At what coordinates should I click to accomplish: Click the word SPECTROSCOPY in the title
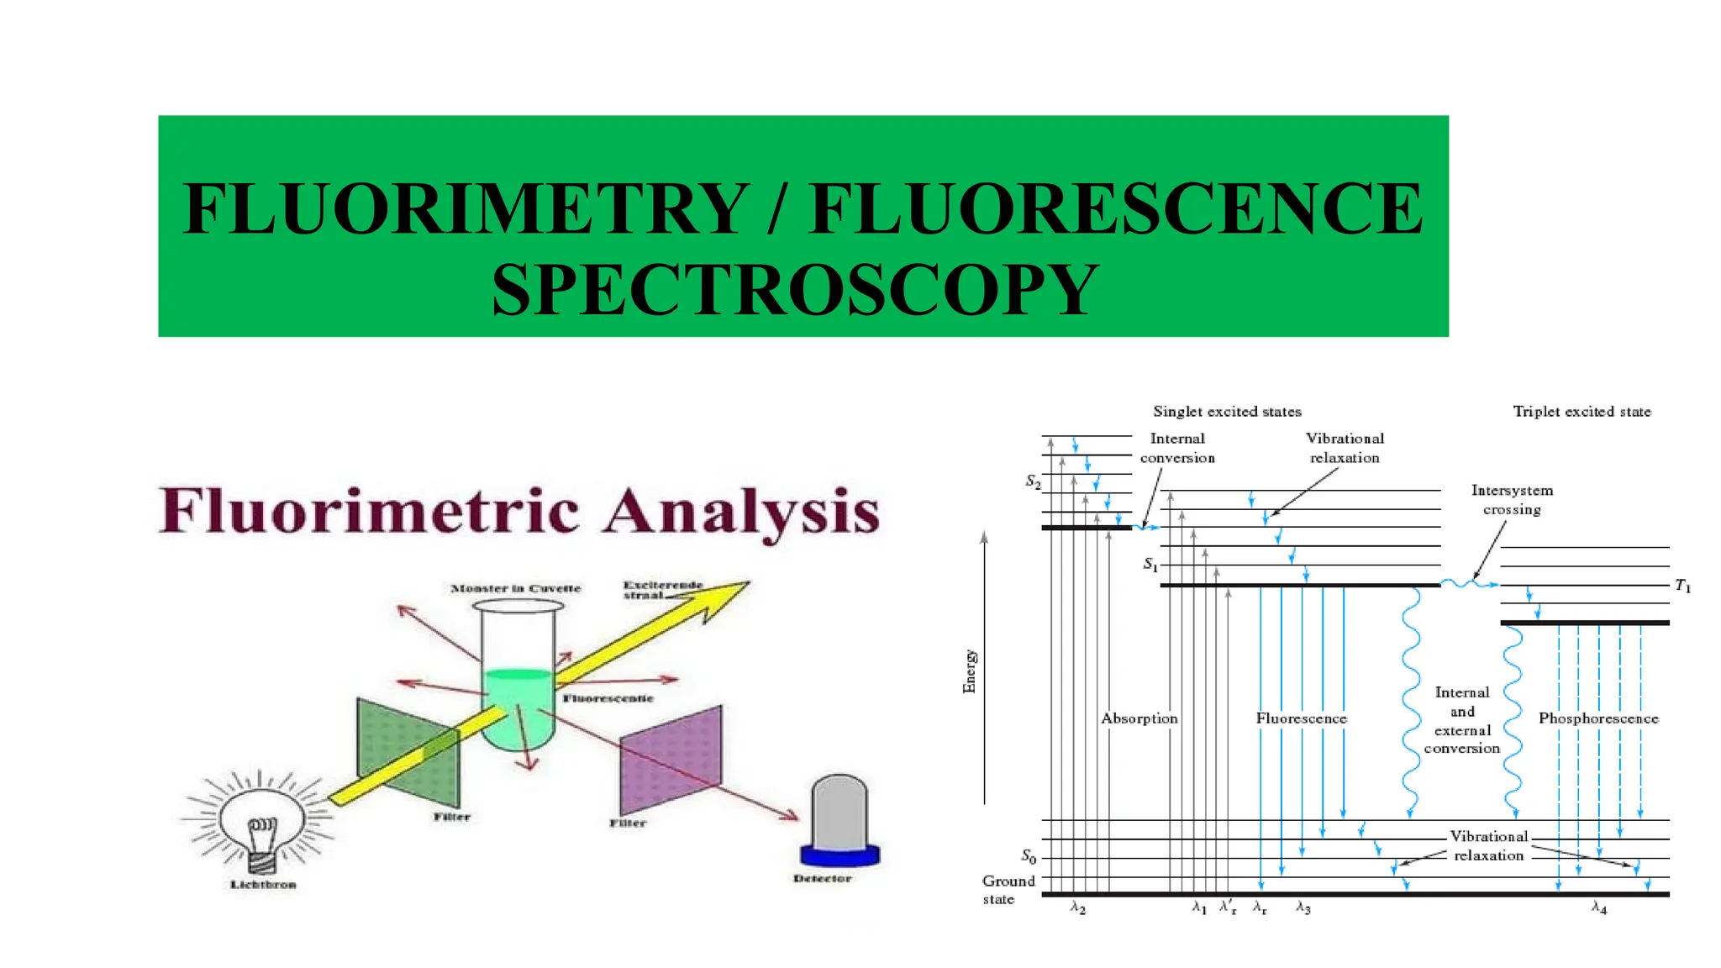coord(794,290)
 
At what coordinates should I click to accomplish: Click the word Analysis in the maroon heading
coord(741,512)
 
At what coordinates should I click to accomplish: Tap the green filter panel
coord(408,752)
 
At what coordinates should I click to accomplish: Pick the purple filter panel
coord(671,760)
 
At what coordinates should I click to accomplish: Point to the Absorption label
coord(1139,718)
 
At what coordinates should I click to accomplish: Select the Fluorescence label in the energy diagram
coord(1301,718)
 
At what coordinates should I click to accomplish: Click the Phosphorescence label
coord(1598,718)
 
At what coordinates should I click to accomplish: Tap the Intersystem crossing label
coord(1512,500)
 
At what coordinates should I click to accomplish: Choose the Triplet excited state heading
coord(1582,412)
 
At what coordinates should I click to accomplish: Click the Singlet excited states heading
coord(1227,412)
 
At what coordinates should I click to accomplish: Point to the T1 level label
coord(1682,586)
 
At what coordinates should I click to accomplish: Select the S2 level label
coord(1033,481)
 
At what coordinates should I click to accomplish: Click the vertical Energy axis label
coord(970,671)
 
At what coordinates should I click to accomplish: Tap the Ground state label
coord(1008,890)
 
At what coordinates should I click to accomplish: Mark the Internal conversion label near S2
coord(1177,448)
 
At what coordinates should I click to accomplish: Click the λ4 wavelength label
coord(1599,908)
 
